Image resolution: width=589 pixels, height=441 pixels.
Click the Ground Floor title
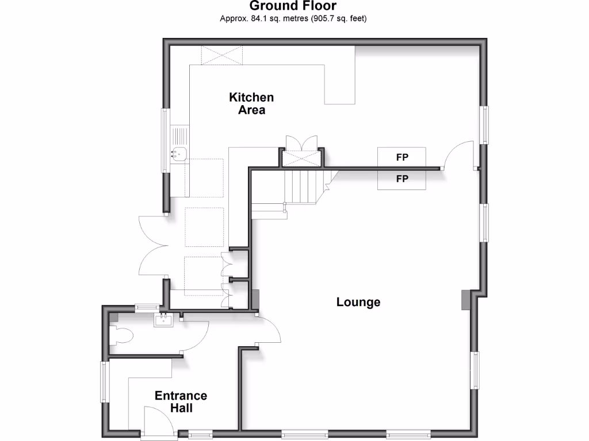[x=293, y=6]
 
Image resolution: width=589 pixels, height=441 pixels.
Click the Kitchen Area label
[x=251, y=103]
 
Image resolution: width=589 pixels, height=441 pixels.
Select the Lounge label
[x=358, y=302]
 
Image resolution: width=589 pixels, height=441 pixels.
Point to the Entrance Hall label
[x=181, y=402]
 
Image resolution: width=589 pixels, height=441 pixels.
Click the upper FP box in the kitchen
[x=401, y=156]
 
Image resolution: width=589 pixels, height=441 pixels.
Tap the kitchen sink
[x=179, y=153]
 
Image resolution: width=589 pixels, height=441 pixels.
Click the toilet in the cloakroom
[x=122, y=336]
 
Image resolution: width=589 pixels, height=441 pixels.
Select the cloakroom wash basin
[x=163, y=319]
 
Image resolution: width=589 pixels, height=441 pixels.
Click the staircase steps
[x=303, y=187]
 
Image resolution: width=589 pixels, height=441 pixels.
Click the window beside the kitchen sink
[x=165, y=141]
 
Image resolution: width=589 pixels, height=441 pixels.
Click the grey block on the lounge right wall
[x=465, y=300]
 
